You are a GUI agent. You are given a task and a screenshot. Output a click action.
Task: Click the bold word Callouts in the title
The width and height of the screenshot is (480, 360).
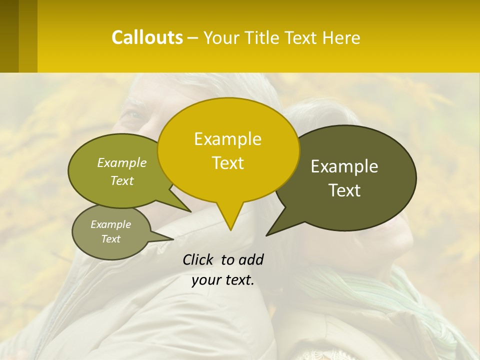click(x=147, y=37)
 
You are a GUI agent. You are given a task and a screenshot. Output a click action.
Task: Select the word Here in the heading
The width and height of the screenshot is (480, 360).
click(x=341, y=38)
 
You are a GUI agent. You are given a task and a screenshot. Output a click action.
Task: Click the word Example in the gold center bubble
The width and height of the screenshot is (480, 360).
click(x=227, y=139)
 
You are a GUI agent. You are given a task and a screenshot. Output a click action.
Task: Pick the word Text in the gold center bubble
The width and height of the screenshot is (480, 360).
click(x=227, y=163)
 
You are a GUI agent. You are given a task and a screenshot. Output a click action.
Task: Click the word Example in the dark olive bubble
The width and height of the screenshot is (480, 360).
click(x=344, y=166)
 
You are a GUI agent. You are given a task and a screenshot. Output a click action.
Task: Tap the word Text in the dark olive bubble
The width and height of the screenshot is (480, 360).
click(x=344, y=190)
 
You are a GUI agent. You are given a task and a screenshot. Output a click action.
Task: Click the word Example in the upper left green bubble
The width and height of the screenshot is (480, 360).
click(x=122, y=163)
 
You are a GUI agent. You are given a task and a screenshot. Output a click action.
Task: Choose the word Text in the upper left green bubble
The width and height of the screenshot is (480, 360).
click(x=122, y=180)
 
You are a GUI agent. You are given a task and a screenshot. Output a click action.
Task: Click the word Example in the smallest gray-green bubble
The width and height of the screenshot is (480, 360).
click(x=111, y=224)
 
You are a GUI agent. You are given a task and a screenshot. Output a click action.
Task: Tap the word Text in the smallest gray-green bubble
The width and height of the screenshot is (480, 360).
click(x=111, y=239)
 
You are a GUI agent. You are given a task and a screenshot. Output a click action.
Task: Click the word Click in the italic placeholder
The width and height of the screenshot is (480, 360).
click(x=198, y=259)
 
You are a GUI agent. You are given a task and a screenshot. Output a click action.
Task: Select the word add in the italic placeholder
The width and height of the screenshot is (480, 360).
click(x=250, y=259)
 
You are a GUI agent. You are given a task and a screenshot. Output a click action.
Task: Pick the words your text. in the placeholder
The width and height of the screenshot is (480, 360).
click(x=222, y=280)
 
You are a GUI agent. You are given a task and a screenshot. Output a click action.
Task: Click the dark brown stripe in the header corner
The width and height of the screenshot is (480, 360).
click(x=9, y=36)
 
